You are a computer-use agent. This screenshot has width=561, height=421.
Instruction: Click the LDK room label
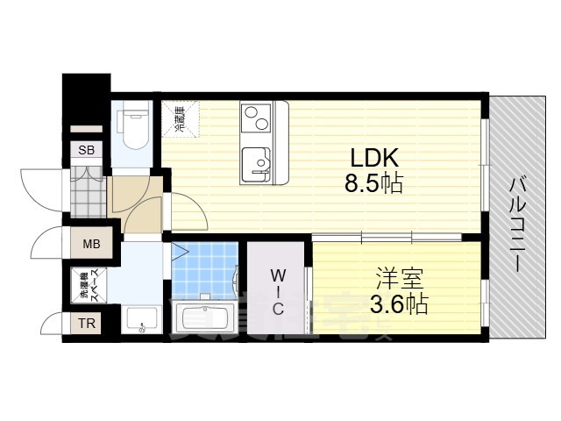375,159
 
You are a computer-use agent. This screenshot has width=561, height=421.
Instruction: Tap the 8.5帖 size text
374,185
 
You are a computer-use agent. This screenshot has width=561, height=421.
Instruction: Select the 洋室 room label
399,281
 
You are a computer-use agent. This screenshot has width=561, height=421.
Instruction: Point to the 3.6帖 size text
399,305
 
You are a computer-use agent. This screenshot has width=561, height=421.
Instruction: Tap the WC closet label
277,290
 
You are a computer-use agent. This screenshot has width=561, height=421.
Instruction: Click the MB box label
91,244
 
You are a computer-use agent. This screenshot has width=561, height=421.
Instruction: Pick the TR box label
88,323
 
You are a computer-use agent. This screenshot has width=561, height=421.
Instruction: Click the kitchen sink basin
258,162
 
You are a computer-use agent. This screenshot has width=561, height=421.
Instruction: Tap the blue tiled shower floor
204,267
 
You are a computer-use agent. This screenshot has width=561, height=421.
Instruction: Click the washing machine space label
89,288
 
